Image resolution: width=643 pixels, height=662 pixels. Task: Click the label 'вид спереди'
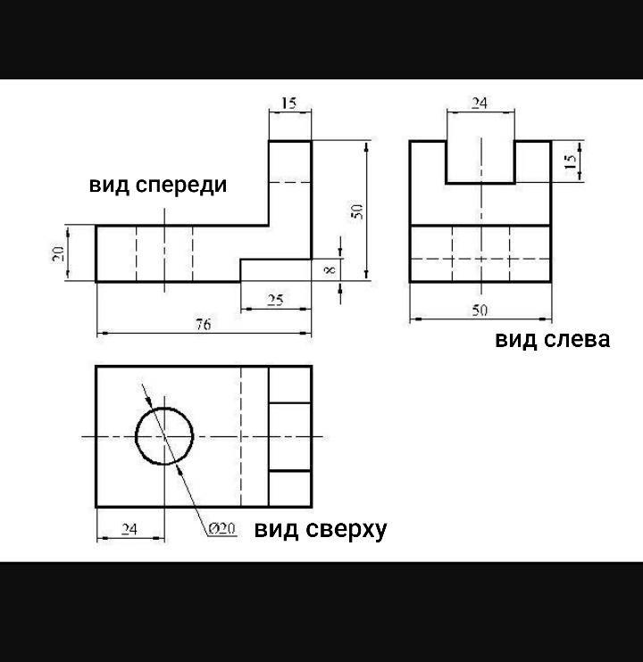tap(157, 185)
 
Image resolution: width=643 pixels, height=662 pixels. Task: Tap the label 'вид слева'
tap(553, 339)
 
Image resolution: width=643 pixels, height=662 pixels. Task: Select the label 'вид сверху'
tap(321, 529)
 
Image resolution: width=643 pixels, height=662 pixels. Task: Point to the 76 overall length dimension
tap(204, 326)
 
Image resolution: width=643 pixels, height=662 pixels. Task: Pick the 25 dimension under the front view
tap(275, 301)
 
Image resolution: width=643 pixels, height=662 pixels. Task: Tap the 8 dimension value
tap(332, 269)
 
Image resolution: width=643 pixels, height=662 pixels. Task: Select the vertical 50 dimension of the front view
tap(355, 211)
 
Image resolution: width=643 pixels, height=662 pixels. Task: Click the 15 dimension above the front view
tap(289, 103)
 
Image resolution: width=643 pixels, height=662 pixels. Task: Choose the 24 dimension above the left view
tap(480, 103)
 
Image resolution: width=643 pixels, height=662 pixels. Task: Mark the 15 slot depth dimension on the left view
tap(570, 161)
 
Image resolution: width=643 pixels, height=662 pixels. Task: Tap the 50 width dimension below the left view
tap(480, 310)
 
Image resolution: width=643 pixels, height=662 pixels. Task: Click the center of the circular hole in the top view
tap(164, 436)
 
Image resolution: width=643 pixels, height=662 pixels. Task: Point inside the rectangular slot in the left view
tap(480, 161)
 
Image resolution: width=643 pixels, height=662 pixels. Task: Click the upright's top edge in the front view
tap(290, 141)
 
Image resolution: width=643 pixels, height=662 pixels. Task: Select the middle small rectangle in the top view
tap(289, 436)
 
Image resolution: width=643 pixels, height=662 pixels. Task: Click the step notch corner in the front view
tap(241, 260)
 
